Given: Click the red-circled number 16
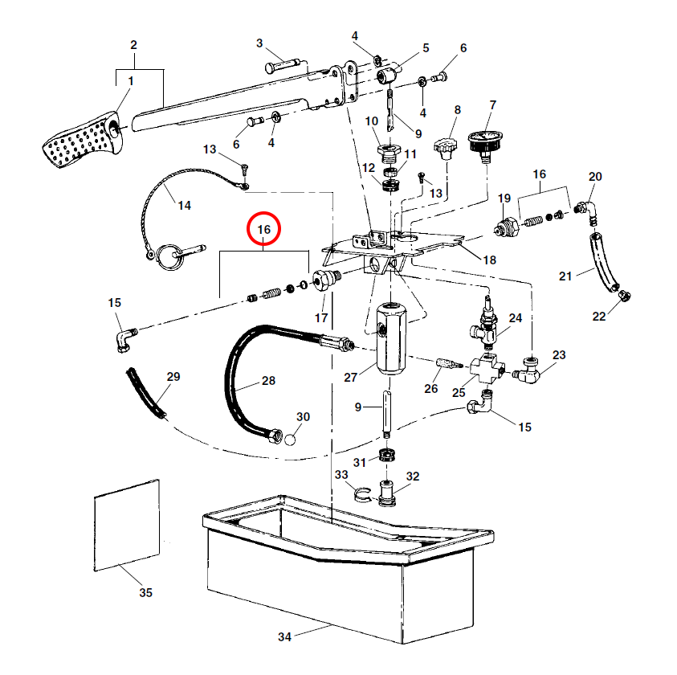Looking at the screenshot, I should pyautogui.click(x=263, y=230).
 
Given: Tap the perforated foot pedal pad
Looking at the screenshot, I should pyautogui.click(x=81, y=145).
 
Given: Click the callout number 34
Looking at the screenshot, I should pyautogui.click(x=283, y=637).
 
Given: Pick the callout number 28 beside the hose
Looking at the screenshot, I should pyautogui.click(x=268, y=380).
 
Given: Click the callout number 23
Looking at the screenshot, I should pyautogui.click(x=559, y=354).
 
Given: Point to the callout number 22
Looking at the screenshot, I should pyautogui.click(x=599, y=316).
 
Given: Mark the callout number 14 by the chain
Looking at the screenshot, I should pyautogui.click(x=185, y=206).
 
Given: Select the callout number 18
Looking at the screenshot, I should pyautogui.click(x=489, y=260).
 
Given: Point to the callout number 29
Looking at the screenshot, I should pyautogui.click(x=173, y=377).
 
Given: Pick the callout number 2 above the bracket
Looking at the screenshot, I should pyautogui.click(x=134, y=44).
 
